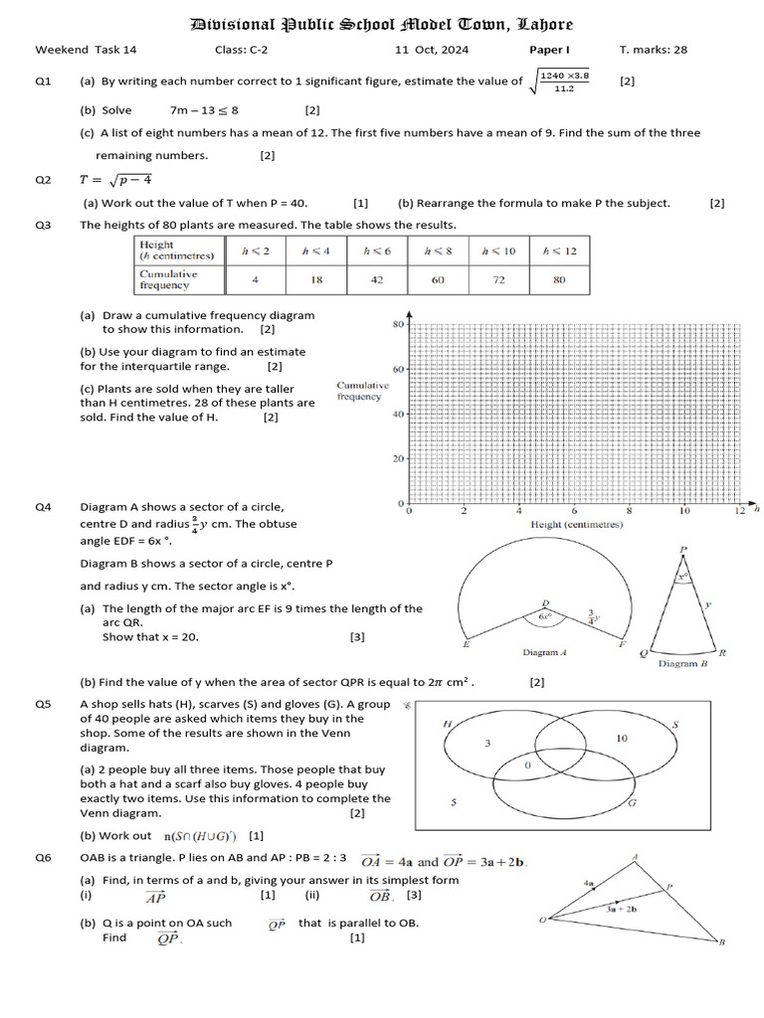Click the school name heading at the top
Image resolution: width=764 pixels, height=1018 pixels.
pos(381,24)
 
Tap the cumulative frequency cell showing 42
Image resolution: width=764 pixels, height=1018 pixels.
pos(377,280)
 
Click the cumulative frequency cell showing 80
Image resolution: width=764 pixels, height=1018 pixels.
pos(559,280)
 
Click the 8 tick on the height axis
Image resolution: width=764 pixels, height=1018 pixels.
pos(629,511)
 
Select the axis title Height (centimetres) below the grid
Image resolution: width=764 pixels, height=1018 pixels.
pos(577,524)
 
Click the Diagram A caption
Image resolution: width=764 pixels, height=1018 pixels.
pos(544,653)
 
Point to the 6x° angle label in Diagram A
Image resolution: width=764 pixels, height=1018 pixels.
pos(544,616)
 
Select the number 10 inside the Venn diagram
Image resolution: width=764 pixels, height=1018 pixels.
pos(622,739)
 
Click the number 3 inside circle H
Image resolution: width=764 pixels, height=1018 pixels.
pos(487,744)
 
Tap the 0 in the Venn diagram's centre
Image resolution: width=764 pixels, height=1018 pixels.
pos(528,766)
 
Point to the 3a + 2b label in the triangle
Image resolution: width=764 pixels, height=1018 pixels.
pos(622,908)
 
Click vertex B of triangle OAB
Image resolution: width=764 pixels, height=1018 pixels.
pos(721,942)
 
